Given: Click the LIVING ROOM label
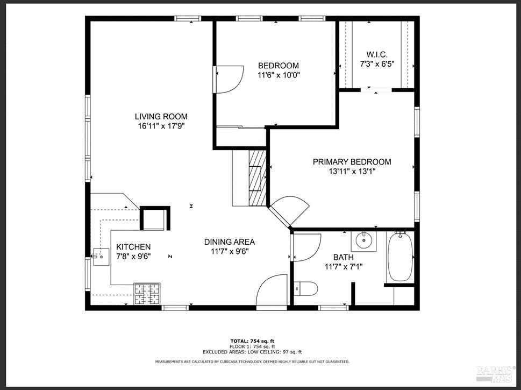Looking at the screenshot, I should click(x=161, y=116).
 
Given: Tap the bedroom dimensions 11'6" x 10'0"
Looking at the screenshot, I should click(x=278, y=75).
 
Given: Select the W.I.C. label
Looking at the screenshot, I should click(x=377, y=54).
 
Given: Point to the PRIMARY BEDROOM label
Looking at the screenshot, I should click(x=352, y=162).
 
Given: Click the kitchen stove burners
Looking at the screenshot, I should click(x=147, y=294).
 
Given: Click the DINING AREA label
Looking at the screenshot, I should click(x=229, y=242).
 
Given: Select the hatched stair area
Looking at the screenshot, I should click(x=258, y=177).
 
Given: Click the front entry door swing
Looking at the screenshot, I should click(x=274, y=290).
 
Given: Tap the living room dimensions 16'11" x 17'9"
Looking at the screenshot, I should click(x=161, y=126).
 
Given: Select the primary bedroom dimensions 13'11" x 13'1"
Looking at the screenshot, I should click(x=352, y=172).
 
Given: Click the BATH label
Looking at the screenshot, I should click(x=343, y=257).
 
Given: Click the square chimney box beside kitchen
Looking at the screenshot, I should click(x=155, y=219).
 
